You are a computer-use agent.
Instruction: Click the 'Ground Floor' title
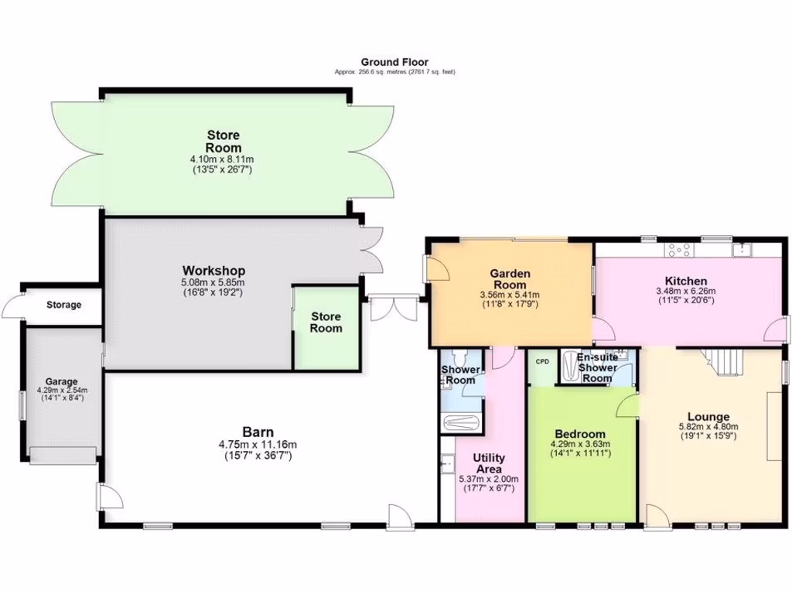coord(394,62)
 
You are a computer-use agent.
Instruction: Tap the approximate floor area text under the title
coord(394,72)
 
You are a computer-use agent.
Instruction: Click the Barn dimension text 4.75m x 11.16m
coord(258,444)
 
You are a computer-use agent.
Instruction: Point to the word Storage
coord(63,305)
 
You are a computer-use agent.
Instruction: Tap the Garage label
coord(61,381)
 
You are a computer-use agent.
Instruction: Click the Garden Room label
coord(510,278)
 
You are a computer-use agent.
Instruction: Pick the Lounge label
coord(708,417)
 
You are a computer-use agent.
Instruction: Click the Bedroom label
coord(580,434)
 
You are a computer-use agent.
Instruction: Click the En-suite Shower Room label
coord(597,367)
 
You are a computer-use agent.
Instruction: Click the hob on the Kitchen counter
coord(680,249)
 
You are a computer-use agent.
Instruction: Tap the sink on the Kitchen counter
coord(743,249)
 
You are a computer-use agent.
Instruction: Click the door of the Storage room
coord(12,309)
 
